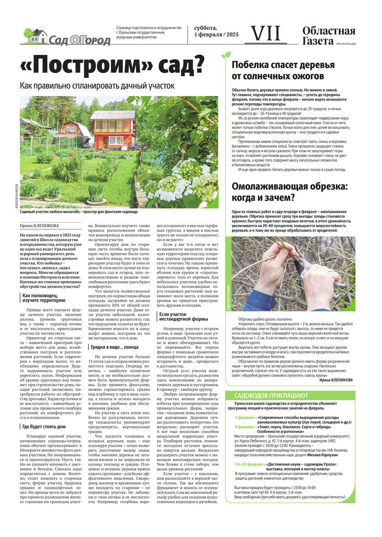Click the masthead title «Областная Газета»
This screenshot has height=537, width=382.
pyautogui.click(x=329, y=36)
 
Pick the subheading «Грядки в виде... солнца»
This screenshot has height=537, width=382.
pyautogui.click(x=116, y=347)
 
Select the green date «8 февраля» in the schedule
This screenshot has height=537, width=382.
pyautogui.click(x=244, y=427)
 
